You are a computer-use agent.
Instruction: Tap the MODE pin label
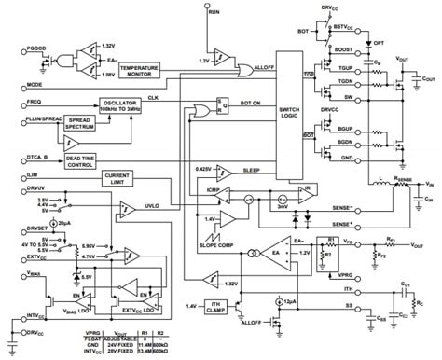(x=14, y=85)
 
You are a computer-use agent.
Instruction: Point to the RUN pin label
(x=214, y=10)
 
